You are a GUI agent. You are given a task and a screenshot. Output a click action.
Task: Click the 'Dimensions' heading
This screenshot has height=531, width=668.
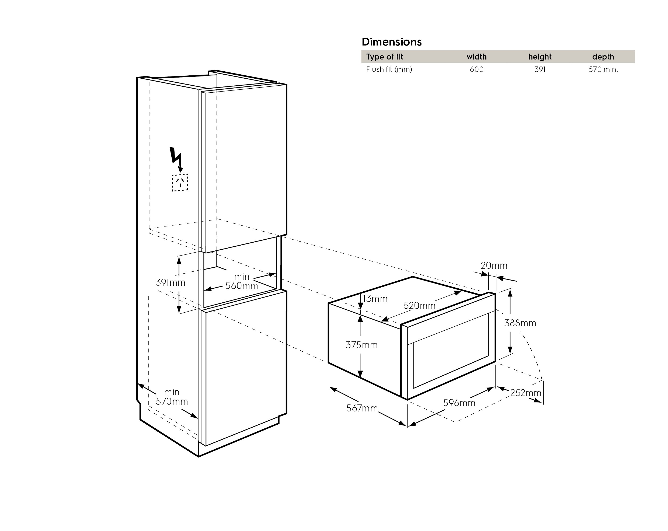coord(391,42)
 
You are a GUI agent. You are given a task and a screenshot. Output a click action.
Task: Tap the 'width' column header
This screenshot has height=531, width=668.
coord(476,57)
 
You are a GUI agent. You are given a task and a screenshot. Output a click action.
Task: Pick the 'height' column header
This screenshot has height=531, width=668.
coord(540,57)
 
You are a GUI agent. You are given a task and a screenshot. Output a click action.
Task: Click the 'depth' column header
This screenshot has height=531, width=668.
coord(603,57)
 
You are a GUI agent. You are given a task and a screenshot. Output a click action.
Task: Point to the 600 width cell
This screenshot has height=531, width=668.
coord(476,69)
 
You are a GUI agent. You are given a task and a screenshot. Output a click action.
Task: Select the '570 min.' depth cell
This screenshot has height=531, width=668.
coord(603,69)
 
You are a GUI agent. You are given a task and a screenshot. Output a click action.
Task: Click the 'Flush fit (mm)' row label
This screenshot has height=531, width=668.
coord(389,69)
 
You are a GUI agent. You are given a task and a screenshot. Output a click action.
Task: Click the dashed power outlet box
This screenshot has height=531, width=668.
coord(180,183)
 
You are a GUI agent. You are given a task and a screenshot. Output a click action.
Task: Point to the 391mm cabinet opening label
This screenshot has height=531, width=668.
coord(171,282)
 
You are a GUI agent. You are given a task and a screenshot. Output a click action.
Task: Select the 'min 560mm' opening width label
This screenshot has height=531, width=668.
coord(242,281)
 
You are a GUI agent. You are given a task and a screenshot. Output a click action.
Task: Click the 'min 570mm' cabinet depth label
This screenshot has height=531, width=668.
coord(172,397)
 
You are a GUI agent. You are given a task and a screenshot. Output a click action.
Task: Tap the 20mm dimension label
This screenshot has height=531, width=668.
coord(494,265)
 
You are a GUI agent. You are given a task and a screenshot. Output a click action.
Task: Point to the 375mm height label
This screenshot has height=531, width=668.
coord(361,345)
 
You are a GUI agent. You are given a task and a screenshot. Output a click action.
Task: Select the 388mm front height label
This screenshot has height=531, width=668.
coord(520,323)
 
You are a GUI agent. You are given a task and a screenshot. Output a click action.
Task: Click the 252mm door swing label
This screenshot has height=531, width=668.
coord(526,393)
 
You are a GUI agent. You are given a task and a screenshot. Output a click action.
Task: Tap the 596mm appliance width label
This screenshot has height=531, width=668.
coord(459,403)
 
